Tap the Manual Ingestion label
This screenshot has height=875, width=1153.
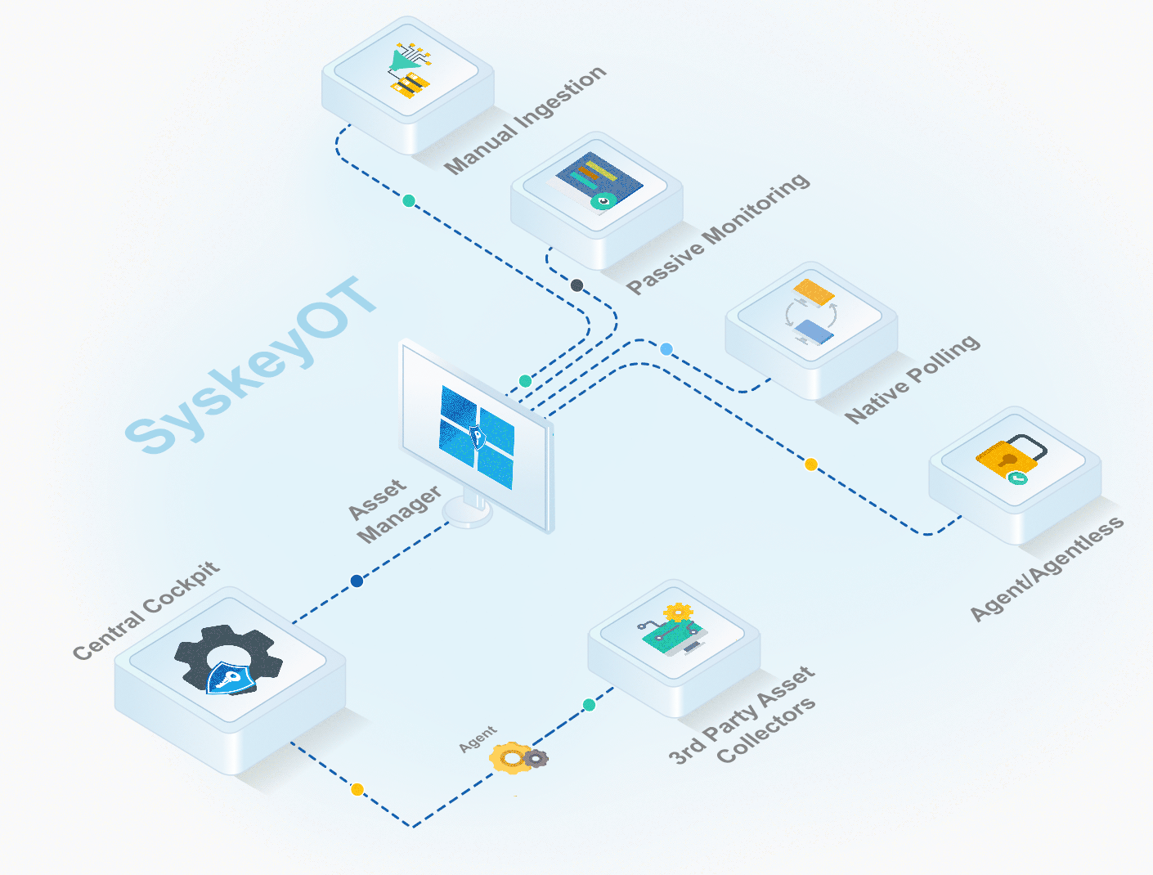click(x=525, y=119)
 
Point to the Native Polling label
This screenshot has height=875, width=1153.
click(x=912, y=379)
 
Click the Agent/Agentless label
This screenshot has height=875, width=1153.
click(x=1047, y=569)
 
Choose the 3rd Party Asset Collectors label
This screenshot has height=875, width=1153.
click(x=742, y=716)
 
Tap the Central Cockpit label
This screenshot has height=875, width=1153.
click(x=146, y=610)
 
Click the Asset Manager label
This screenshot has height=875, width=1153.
click(x=393, y=510)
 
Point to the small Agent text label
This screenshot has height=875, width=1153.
click(x=478, y=738)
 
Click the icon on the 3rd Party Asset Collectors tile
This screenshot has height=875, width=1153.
click(x=672, y=630)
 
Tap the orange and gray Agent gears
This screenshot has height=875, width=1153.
click(x=518, y=758)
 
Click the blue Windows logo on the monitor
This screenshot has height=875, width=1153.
click(x=478, y=437)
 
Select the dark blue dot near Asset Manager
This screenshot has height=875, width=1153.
click(x=357, y=581)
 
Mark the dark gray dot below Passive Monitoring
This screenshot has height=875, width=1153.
click(x=576, y=285)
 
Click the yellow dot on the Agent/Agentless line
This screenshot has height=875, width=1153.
click(x=811, y=464)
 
